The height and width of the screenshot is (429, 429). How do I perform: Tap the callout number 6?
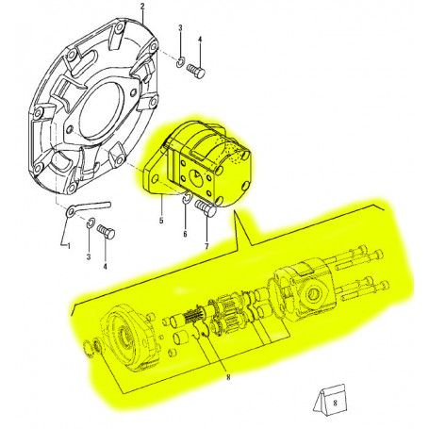pos(186,234)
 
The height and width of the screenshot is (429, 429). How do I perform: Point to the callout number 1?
pos(67,246)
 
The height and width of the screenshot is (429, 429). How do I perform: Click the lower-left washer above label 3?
pos(88,224)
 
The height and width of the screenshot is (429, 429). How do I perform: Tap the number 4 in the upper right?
pos(200,40)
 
